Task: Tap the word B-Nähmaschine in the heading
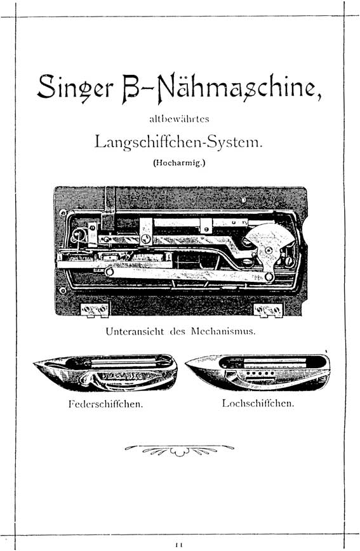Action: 222,88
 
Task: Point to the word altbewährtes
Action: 179,119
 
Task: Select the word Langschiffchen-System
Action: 178,142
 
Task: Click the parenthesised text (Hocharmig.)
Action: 179,163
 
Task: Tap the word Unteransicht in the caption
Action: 135,331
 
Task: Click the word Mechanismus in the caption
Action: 223,331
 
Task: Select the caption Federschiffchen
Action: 106,404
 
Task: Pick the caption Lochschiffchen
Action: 258,403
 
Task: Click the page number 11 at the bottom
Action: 179,545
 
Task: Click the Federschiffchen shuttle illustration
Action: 105,372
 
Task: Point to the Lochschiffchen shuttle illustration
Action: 258,372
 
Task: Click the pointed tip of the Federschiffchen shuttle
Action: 34,363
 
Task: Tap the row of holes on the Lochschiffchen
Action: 259,373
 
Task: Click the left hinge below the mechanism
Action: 95,310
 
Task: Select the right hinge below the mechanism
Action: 268,310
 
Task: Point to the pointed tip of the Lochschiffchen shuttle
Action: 186,363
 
